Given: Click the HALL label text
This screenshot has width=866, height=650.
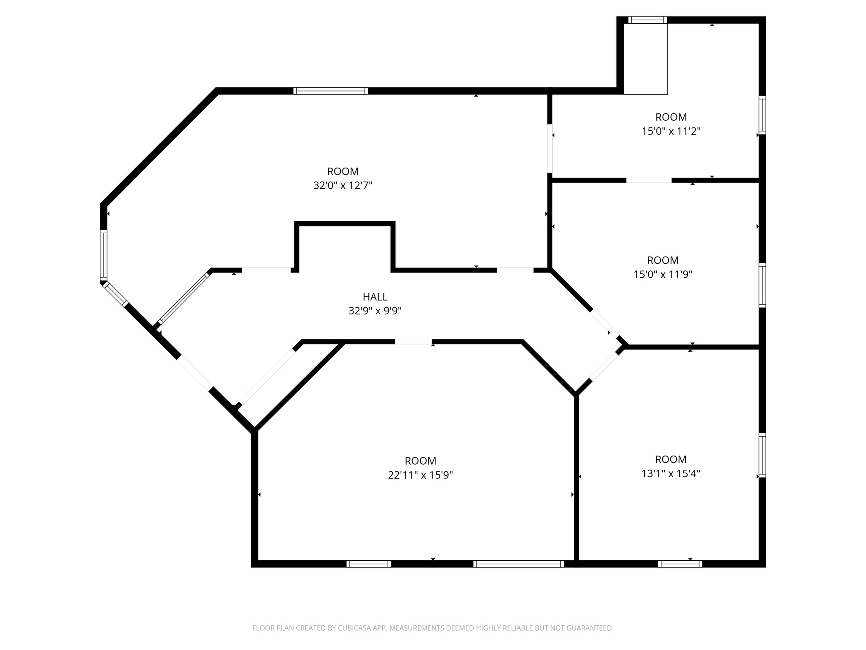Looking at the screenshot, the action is (x=375, y=297).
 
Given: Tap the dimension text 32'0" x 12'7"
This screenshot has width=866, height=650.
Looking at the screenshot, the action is (x=343, y=185).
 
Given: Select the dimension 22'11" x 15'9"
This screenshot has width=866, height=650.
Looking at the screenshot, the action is (x=420, y=475).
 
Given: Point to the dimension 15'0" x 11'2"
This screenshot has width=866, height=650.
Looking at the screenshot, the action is (x=671, y=131).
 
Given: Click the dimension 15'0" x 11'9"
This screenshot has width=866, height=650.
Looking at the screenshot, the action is (x=663, y=274).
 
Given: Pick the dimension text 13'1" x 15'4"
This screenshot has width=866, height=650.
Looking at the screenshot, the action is (x=671, y=473).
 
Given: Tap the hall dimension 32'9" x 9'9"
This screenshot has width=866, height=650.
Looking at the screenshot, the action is (x=375, y=311).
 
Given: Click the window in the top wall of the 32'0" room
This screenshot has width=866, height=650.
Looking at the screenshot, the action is (x=331, y=91).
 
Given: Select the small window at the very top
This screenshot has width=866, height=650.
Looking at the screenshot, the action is (x=647, y=20).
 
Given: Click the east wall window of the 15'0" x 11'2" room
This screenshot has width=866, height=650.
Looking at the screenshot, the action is (x=762, y=115).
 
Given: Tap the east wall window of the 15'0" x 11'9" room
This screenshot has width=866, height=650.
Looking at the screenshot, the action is (x=762, y=285).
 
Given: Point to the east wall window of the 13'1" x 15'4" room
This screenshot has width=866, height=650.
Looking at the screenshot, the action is (x=762, y=455).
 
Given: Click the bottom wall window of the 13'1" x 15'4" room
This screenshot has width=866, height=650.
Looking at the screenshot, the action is (x=680, y=564).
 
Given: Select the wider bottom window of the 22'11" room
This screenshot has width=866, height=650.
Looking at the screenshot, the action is (x=518, y=564).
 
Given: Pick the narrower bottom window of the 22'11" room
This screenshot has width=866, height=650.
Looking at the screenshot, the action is (x=369, y=564).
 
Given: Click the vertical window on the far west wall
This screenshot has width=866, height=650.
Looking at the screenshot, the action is (x=104, y=255).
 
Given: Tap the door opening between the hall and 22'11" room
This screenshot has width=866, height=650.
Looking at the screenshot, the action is (x=414, y=342).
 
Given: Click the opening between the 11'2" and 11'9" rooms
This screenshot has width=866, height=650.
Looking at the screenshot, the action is (x=649, y=180).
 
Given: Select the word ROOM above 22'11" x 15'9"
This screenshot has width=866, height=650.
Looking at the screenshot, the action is (x=420, y=461).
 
